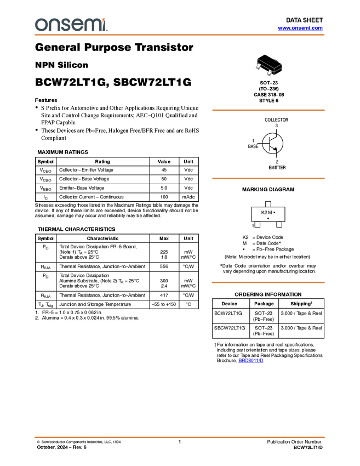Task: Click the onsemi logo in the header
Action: [x=71, y=25]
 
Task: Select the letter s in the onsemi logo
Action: [x=65, y=25]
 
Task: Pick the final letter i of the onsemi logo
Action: [x=105, y=25]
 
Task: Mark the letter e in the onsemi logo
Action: [x=78, y=25]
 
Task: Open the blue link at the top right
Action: [x=300, y=28]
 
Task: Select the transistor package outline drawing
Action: [x=268, y=67]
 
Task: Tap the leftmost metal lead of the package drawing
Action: [x=258, y=66]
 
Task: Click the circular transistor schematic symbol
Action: [x=273, y=144]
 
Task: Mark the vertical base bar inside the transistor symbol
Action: [x=270, y=144]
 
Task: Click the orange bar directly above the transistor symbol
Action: [x=268, y=110]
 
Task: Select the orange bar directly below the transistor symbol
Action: [x=268, y=178]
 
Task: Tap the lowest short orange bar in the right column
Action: [x=268, y=282]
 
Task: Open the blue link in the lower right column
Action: [x=250, y=361]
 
